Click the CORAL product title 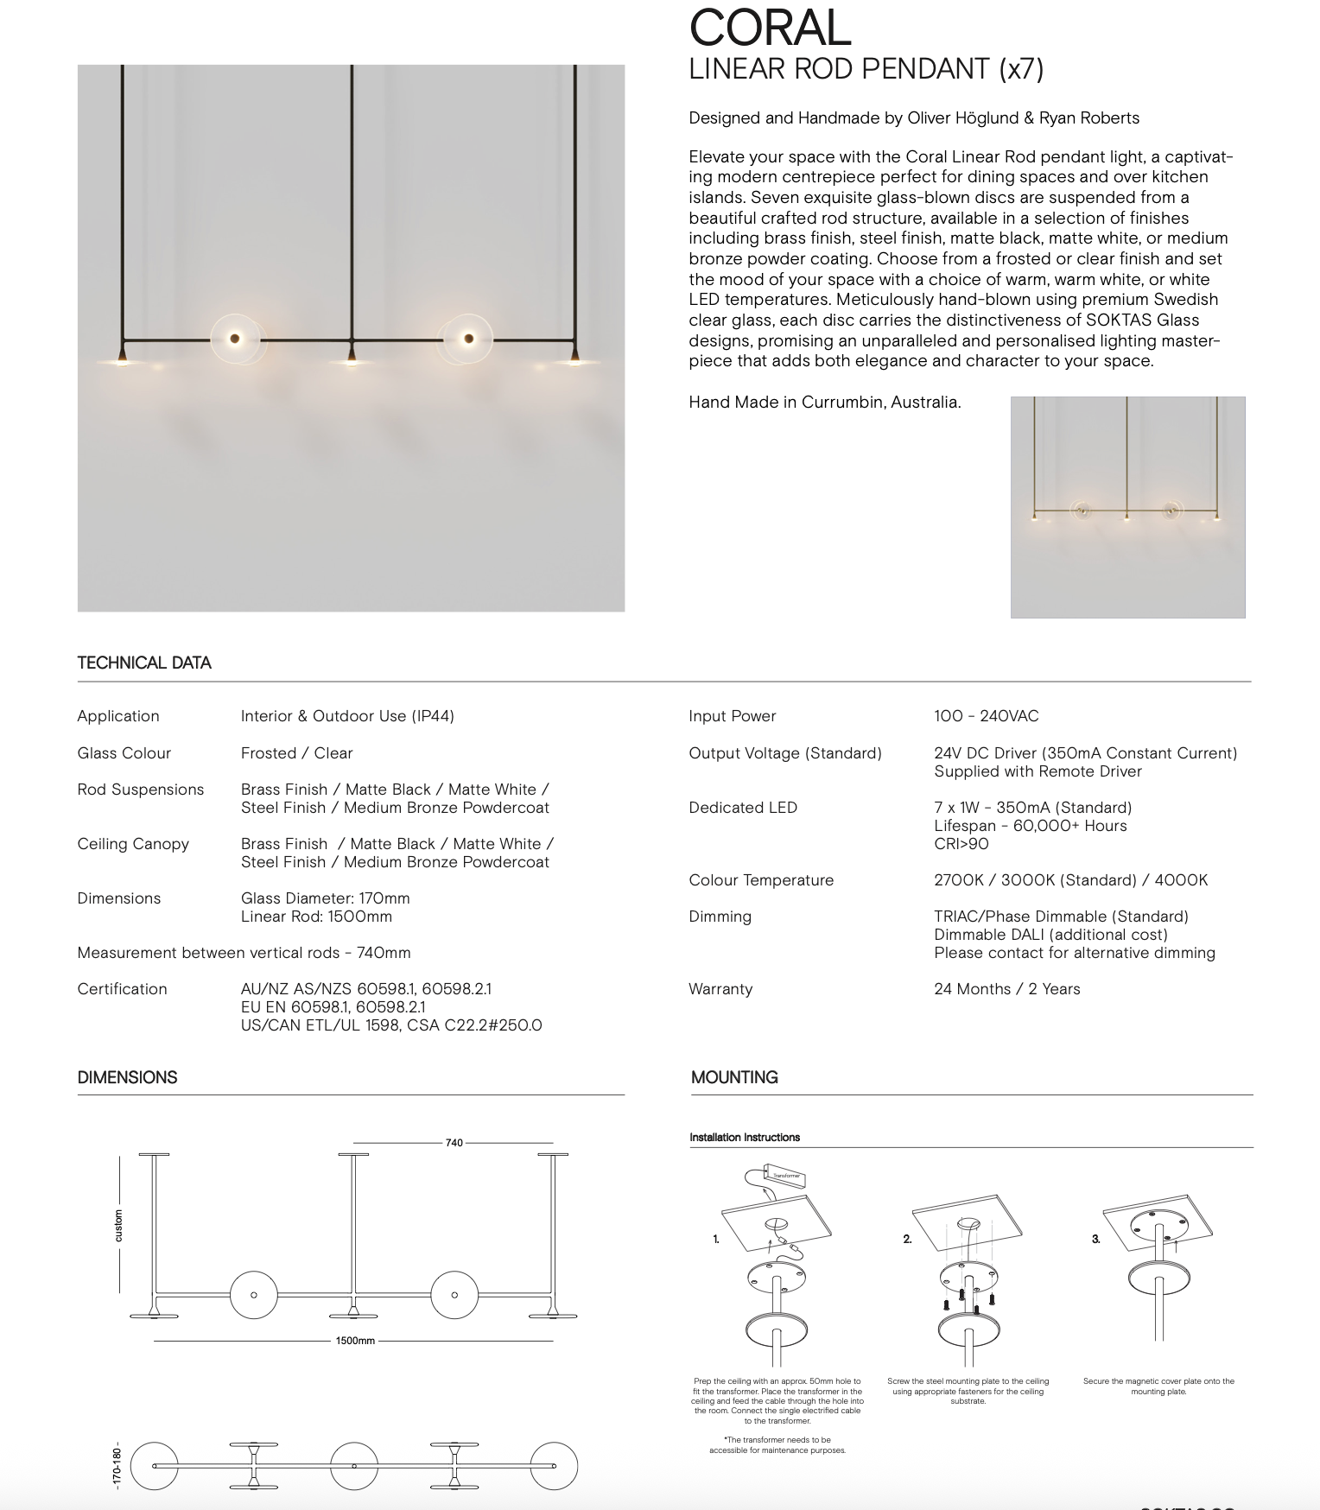point(770,29)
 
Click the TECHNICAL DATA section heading point(144,663)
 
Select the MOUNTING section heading point(734,1077)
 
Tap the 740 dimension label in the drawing point(454,1143)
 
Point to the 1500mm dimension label point(355,1341)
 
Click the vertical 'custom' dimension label point(119,1226)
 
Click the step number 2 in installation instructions point(907,1239)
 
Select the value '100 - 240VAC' point(986,716)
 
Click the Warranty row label point(720,989)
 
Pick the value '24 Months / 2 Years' point(1006,989)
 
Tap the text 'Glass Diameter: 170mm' point(325,898)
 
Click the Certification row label point(122,989)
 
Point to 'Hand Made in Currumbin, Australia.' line point(824,403)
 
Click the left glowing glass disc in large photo point(234,339)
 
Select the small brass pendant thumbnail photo point(1127,507)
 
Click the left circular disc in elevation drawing point(253,1295)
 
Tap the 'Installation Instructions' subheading point(745,1138)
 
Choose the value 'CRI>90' point(961,844)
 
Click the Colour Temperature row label point(761,880)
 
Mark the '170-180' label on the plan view point(117,1465)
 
